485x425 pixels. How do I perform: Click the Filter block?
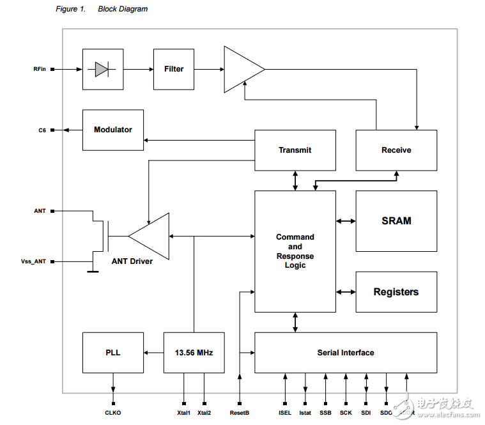tap(174, 69)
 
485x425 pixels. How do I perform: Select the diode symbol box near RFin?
tap(103, 69)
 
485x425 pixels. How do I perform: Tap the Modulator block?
tap(113, 130)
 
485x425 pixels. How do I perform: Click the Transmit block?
tap(295, 150)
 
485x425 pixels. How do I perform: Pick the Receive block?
tap(396, 150)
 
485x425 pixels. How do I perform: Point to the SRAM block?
tap(396, 221)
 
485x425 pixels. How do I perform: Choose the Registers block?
tap(396, 292)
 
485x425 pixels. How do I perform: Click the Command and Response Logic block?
tap(295, 251)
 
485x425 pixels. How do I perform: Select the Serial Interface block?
tap(346, 353)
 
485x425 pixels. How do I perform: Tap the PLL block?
tap(113, 353)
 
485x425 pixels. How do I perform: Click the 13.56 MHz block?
tap(194, 353)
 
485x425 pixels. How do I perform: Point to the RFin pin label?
tap(40, 69)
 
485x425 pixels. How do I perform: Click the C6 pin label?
tap(42, 130)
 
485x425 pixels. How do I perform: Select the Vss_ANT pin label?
tap(34, 261)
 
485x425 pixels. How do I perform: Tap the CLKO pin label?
tap(113, 413)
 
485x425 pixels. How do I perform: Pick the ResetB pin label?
tap(239, 413)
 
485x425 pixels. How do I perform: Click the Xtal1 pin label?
tap(184, 413)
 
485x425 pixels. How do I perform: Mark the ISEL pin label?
tap(285, 413)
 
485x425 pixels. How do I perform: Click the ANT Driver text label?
tap(132, 261)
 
